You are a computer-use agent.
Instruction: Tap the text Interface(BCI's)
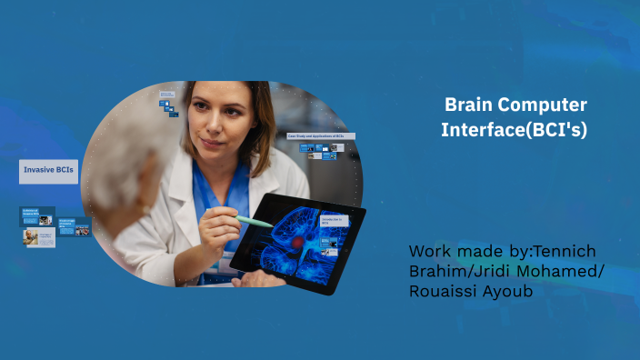point(514,130)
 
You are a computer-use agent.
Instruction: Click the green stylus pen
point(255,220)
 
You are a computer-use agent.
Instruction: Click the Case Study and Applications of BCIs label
point(319,135)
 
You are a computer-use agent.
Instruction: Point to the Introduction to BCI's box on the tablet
point(333,221)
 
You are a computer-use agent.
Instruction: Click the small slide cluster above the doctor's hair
point(169,105)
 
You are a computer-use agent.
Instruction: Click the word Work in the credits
point(430,250)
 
